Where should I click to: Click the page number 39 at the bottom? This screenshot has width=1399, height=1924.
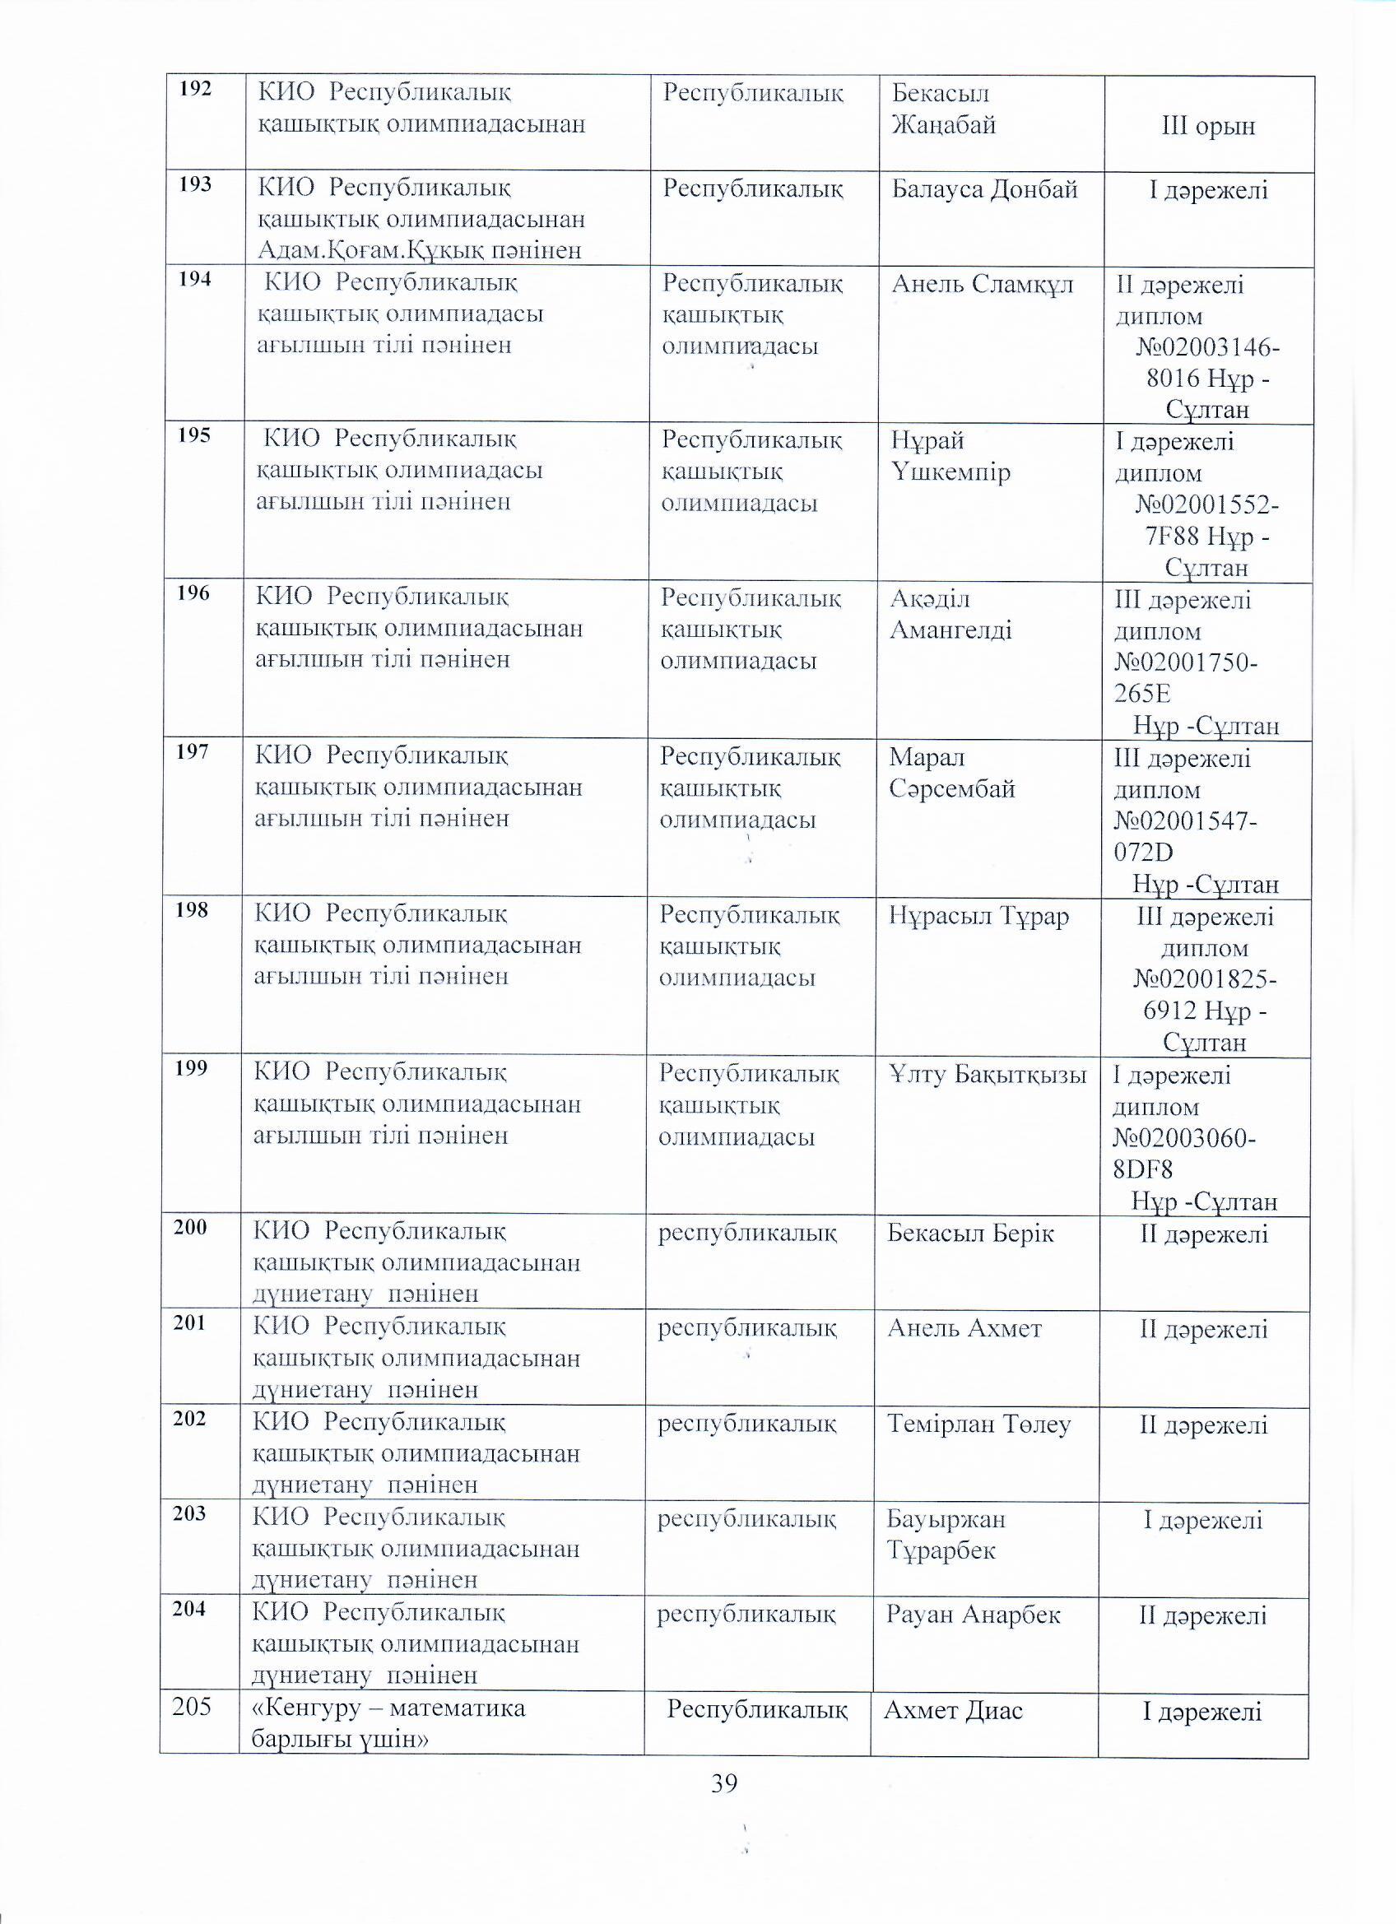pyautogui.click(x=724, y=1784)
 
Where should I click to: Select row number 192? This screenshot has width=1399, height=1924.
pyautogui.click(x=196, y=88)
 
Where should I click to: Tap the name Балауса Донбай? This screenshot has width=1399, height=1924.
pyautogui.click(x=984, y=188)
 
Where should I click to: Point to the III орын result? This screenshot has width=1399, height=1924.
pyautogui.click(x=1207, y=128)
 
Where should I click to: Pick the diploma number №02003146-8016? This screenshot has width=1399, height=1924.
pyautogui.click(x=1207, y=362)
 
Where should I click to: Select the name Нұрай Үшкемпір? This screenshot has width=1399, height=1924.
pyautogui.click(x=950, y=457)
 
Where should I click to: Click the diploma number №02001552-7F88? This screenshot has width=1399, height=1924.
pyautogui.click(x=1207, y=521)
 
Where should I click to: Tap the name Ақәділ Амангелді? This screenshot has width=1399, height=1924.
pyautogui.click(x=950, y=615)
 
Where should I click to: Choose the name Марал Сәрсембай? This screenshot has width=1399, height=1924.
pyautogui.click(x=952, y=773)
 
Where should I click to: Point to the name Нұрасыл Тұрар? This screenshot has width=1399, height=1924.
pyautogui.click(x=979, y=916)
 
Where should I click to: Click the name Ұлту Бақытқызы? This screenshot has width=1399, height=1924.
pyautogui.click(x=988, y=1076)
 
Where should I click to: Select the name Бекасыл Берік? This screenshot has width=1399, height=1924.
pyautogui.click(x=970, y=1234)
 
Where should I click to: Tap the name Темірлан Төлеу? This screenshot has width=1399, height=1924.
pyautogui.click(x=979, y=1424)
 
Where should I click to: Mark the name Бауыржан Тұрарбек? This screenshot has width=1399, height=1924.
pyautogui.click(x=946, y=1535)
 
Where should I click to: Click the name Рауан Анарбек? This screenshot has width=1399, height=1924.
pyautogui.click(x=973, y=1615)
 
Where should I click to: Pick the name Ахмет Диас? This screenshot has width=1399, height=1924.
pyautogui.click(x=953, y=1711)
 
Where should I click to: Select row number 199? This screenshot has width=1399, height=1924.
pyautogui.click(x=193, y=1068)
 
